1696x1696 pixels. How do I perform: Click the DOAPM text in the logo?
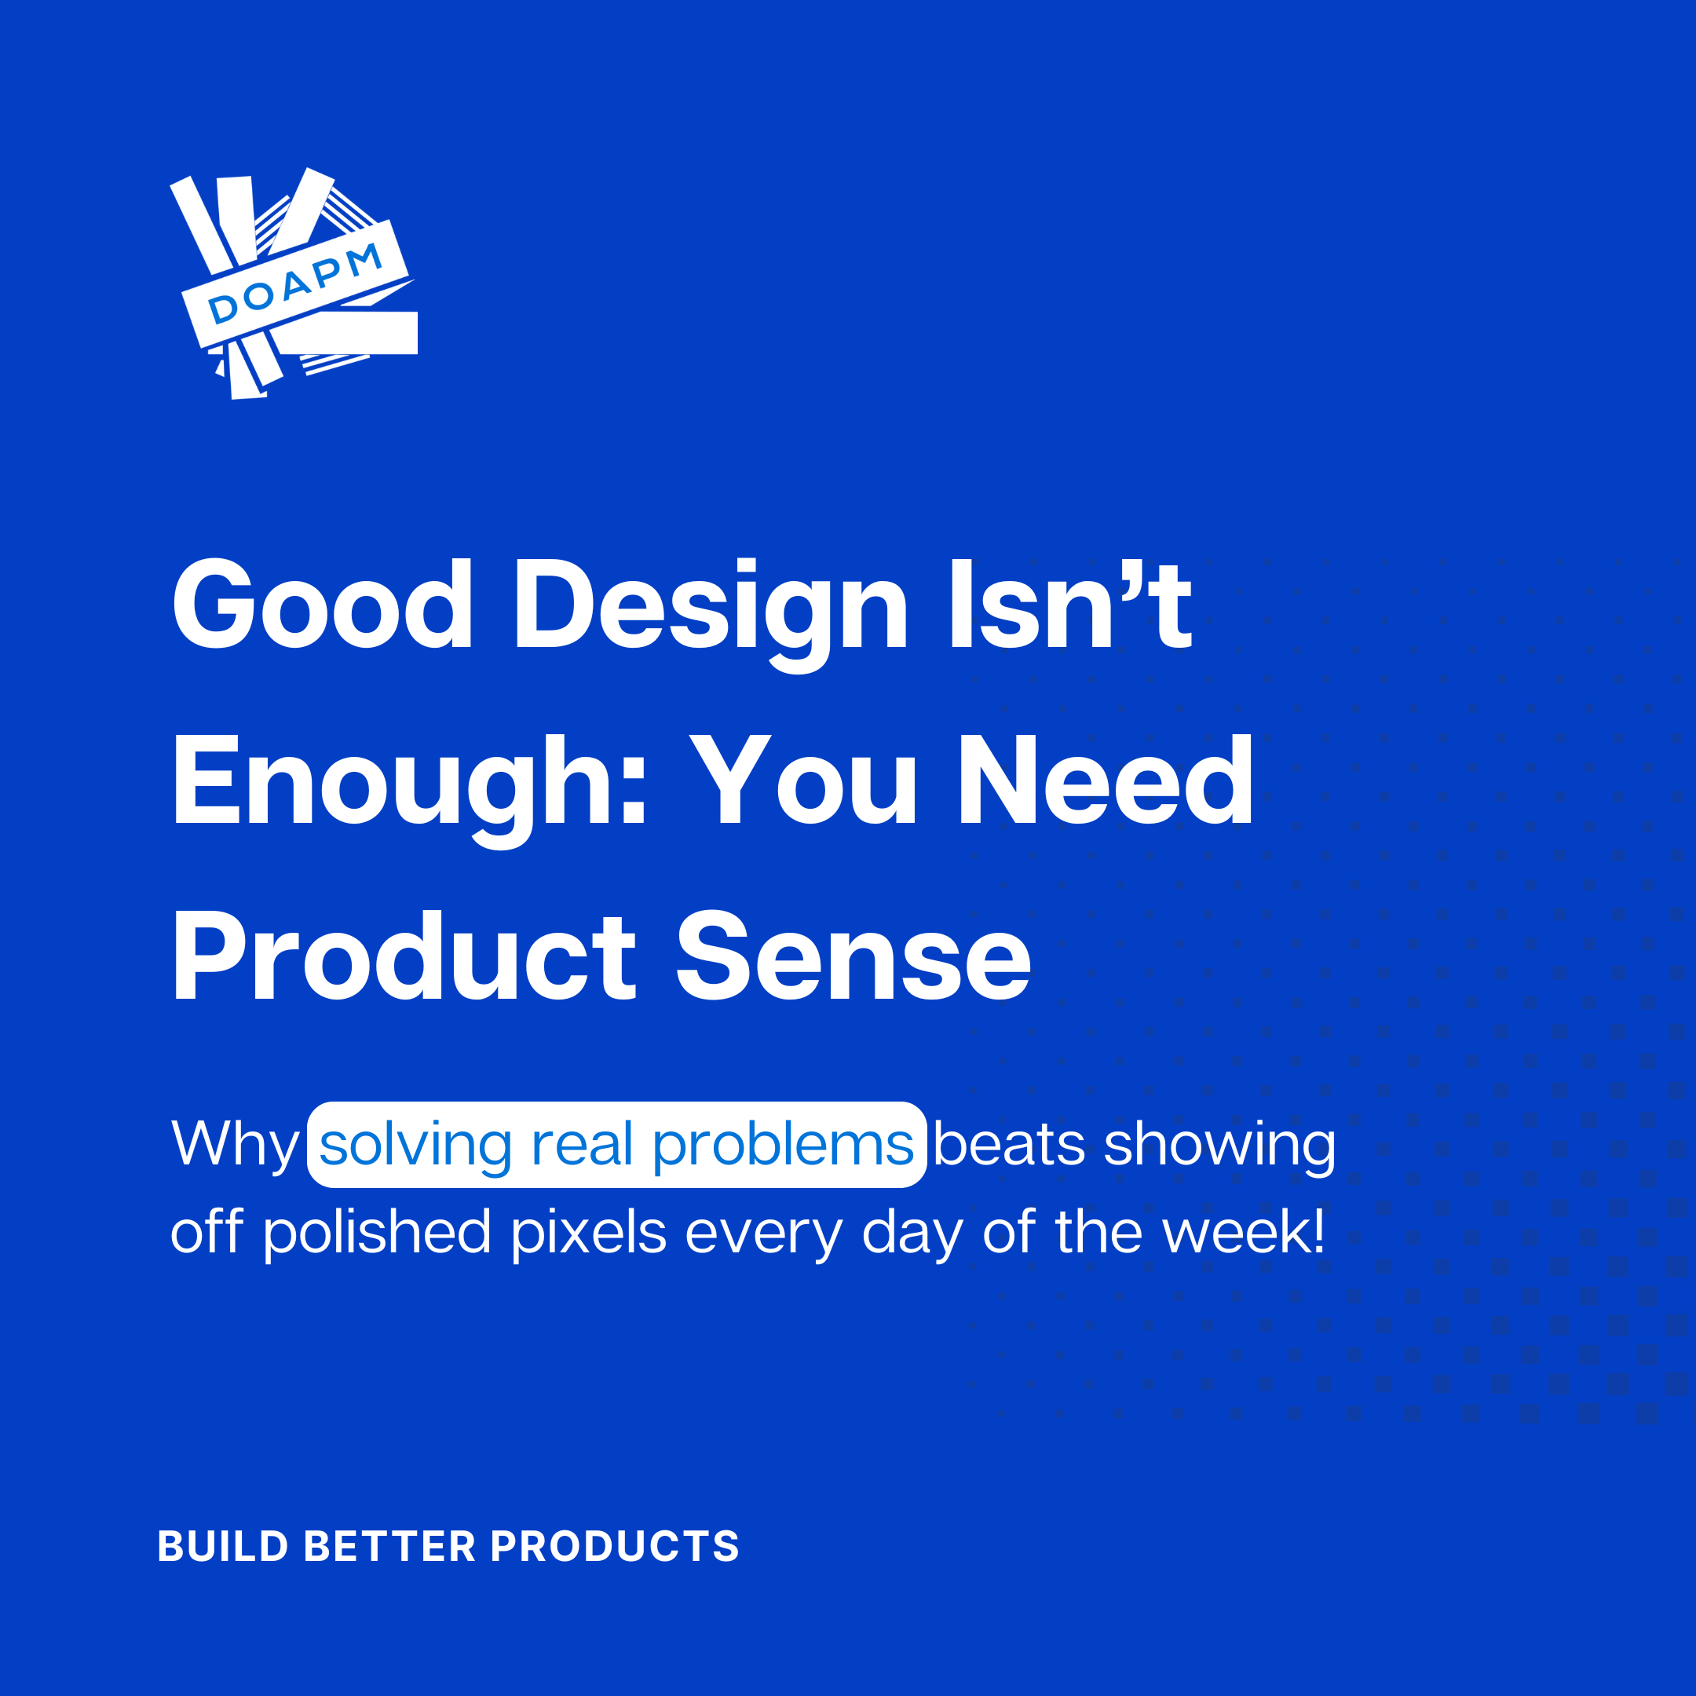(295, 283)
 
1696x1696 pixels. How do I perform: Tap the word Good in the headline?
(323, 605)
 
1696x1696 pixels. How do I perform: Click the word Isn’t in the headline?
(1071, 604)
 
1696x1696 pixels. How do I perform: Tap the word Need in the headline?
(1106, 780)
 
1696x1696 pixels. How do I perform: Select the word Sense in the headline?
(853, 957)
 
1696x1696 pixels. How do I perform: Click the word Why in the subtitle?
(236, 1146)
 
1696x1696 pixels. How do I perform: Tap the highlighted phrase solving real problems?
(616, 1145)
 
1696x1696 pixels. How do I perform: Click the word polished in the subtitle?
(377, 1234)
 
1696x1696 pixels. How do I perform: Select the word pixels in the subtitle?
(589, 1234)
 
